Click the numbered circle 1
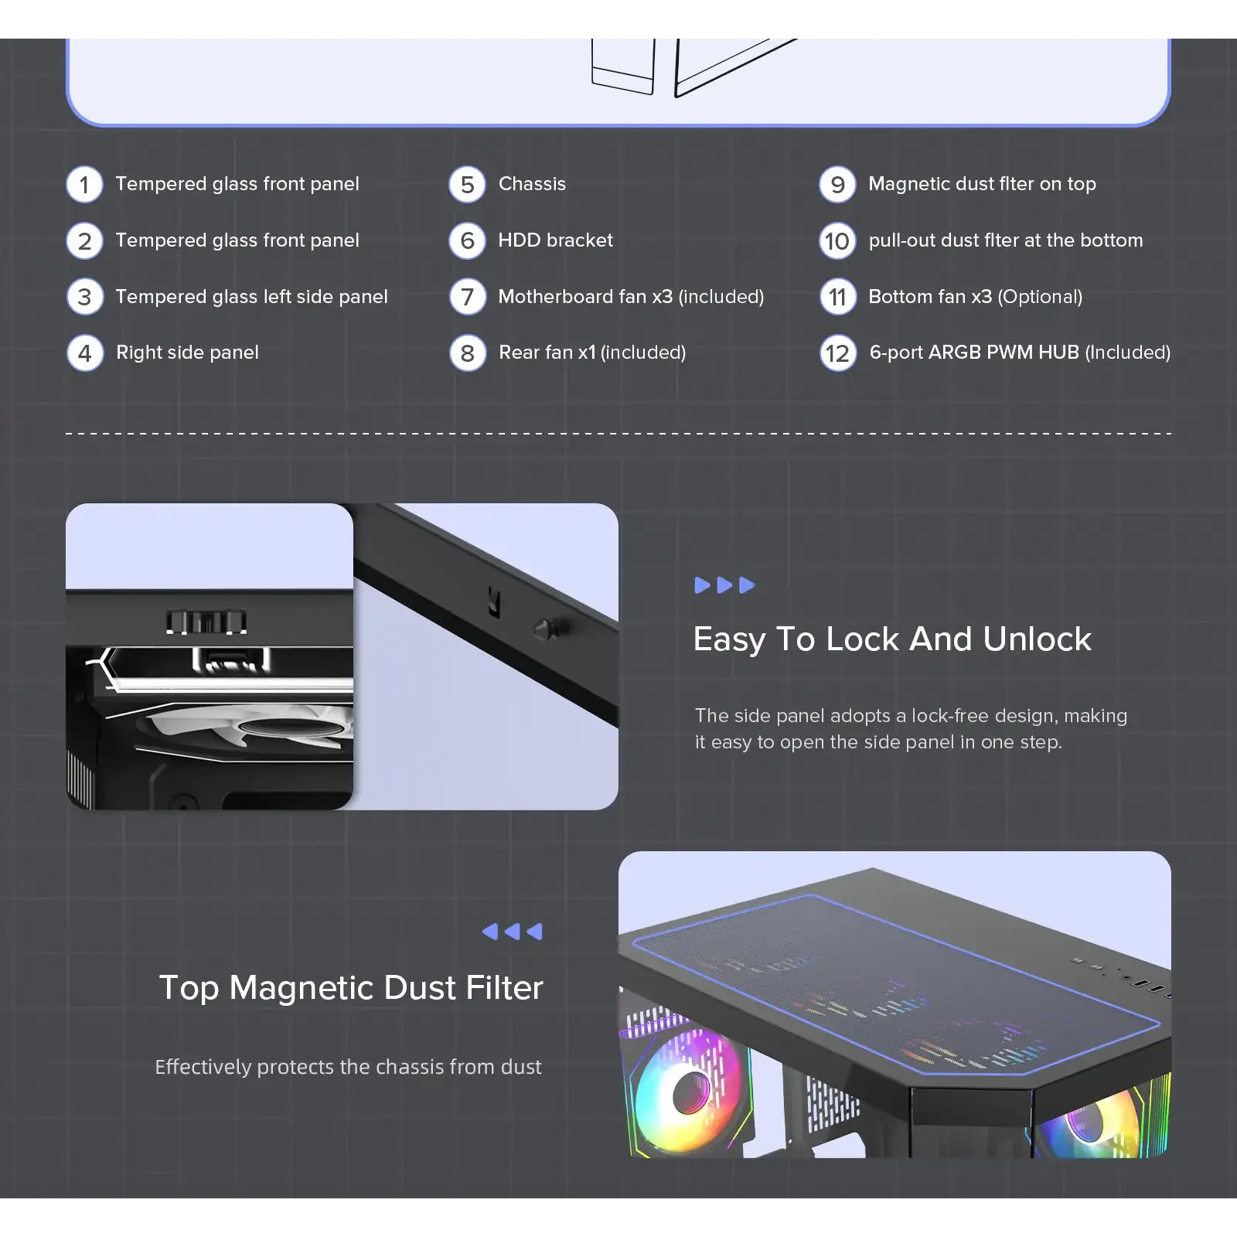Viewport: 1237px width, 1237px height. [x=85, y=185]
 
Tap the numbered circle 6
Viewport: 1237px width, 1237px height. [x=468, y=241]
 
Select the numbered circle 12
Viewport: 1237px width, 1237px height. [x=838, y=353]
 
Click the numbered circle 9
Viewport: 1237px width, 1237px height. [x=838, y=185]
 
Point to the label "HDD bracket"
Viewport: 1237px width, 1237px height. [x=556, y=240]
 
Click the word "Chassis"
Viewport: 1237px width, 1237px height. [x=532, y=184]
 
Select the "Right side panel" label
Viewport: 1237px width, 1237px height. [x=187, y=353]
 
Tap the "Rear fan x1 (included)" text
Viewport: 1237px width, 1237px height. [x=592, y=353]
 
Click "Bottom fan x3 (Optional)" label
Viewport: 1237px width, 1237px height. [x=976, y=297]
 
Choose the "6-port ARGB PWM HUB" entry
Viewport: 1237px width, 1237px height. [x=974, y=353]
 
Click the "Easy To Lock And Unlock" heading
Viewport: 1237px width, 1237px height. [x=892, y=639]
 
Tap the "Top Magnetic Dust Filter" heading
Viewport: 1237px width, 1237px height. [x=351, y=988]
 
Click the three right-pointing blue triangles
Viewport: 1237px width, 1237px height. [x=724, y=585]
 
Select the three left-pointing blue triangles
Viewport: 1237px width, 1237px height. [x=512, y=932]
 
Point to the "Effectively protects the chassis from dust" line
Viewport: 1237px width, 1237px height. [x=348, y=1067]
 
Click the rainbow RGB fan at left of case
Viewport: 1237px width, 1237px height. [x=687, y=1092]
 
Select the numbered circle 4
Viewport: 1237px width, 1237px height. [x=85, y=353]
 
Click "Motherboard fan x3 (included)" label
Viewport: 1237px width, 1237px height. [x=631, y=297]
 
